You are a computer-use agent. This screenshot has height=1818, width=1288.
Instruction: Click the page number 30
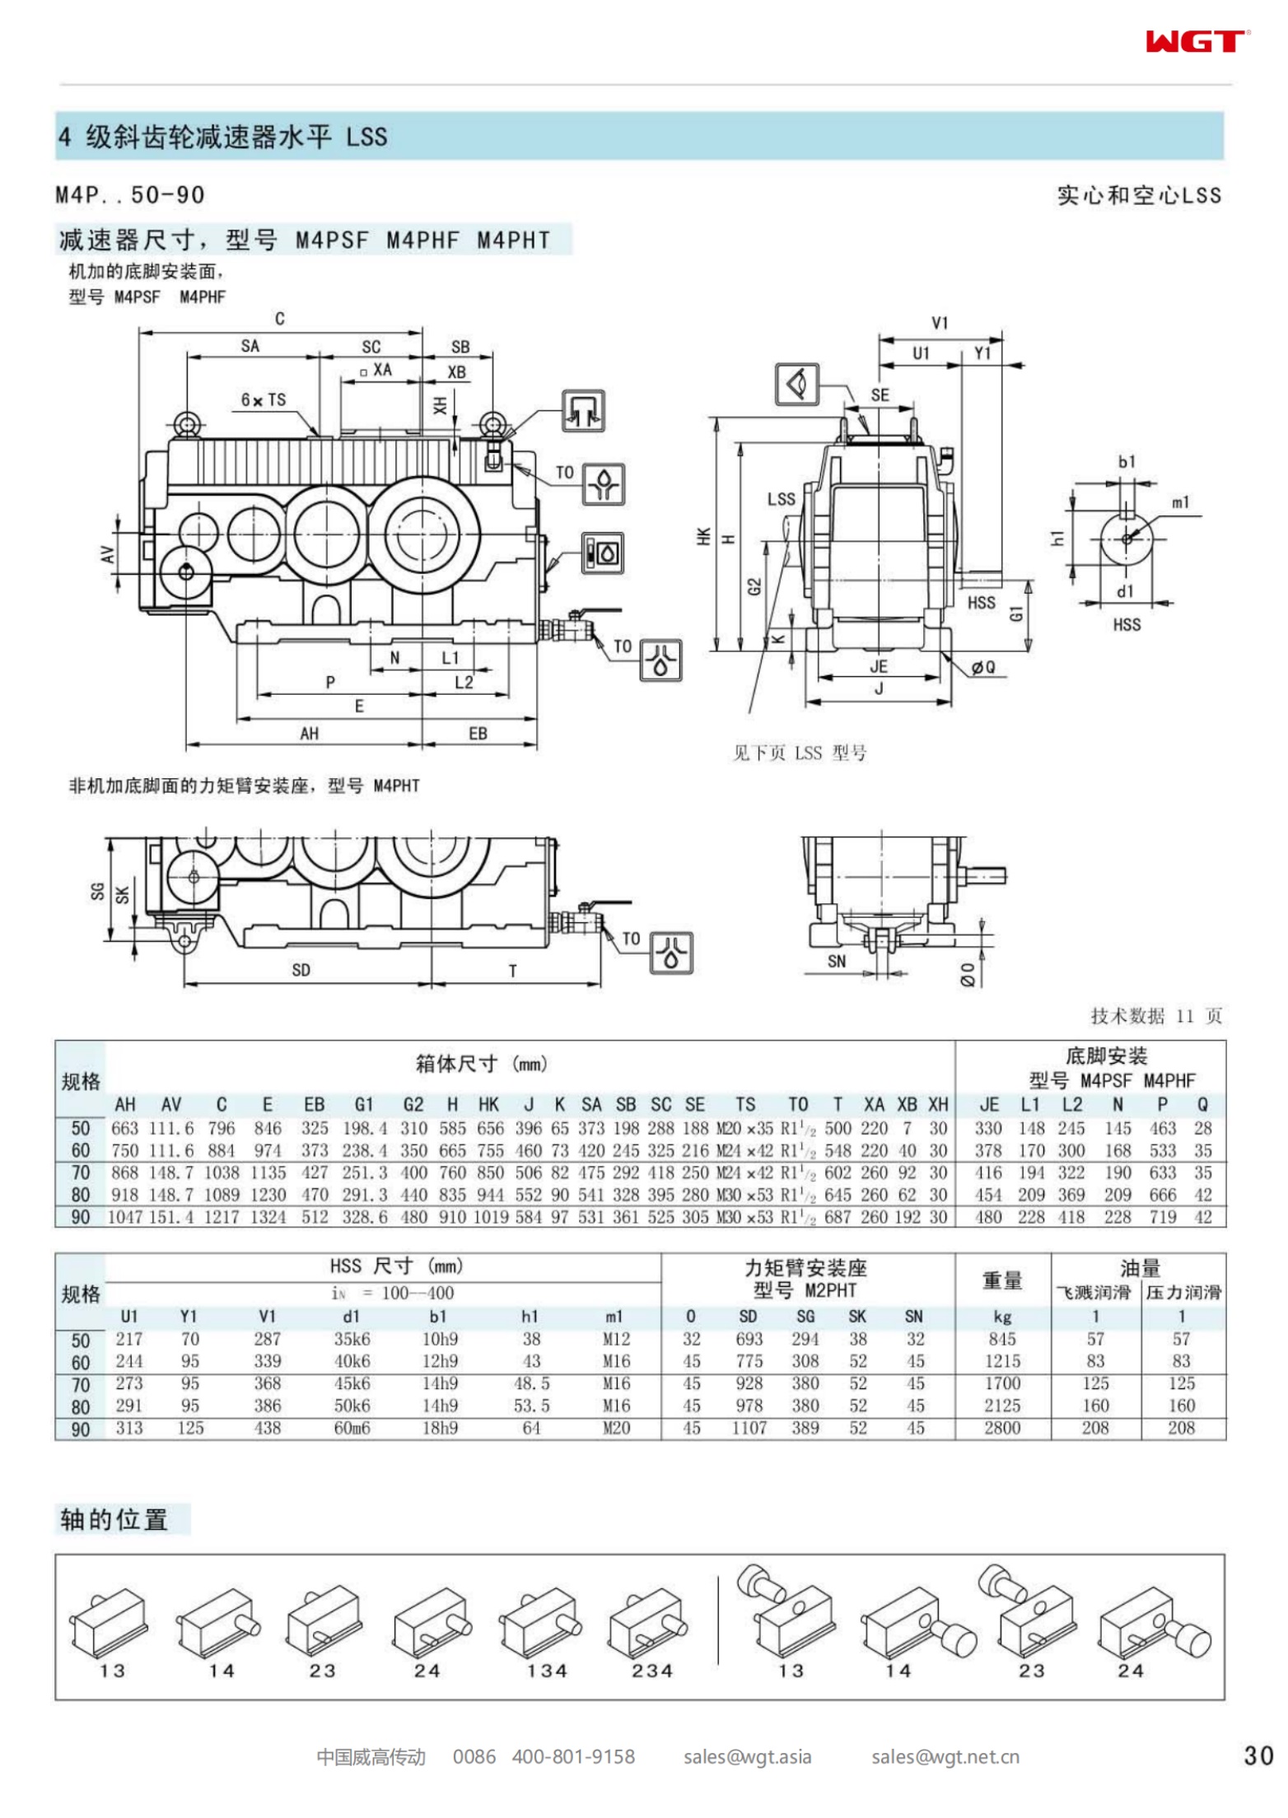[x=1258, y=1755]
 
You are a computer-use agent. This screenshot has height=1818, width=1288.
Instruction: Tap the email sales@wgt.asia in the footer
[x=747, y=1756]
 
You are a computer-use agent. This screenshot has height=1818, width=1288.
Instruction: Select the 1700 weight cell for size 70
[x=1001, y=1383]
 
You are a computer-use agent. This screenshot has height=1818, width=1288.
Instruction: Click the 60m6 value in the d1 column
[x=352, y=1428]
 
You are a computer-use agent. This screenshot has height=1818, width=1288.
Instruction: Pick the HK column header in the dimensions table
[x=488, y=1104]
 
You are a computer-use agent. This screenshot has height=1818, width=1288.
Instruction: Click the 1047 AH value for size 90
[x=125, y=1217]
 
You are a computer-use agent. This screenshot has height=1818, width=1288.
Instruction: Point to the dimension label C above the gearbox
[x=280, y=319]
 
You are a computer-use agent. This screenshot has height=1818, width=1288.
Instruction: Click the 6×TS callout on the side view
[x=264, y=400]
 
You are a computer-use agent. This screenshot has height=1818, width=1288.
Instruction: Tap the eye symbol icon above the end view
[x=797, y=385]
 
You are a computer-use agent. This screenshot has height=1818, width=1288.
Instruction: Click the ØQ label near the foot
[x=982, y=667]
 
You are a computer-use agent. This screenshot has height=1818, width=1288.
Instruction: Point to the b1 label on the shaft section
[x=1127, y=462]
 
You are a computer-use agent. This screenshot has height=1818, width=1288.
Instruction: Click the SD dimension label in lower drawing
[x=301, y=970]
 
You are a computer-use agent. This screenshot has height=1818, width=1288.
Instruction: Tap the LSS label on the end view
[x=781, y=499]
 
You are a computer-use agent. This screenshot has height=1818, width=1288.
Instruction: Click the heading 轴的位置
[x=114, y=1519]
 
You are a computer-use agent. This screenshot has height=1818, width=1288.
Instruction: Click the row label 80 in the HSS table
[x=81, y=1406]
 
